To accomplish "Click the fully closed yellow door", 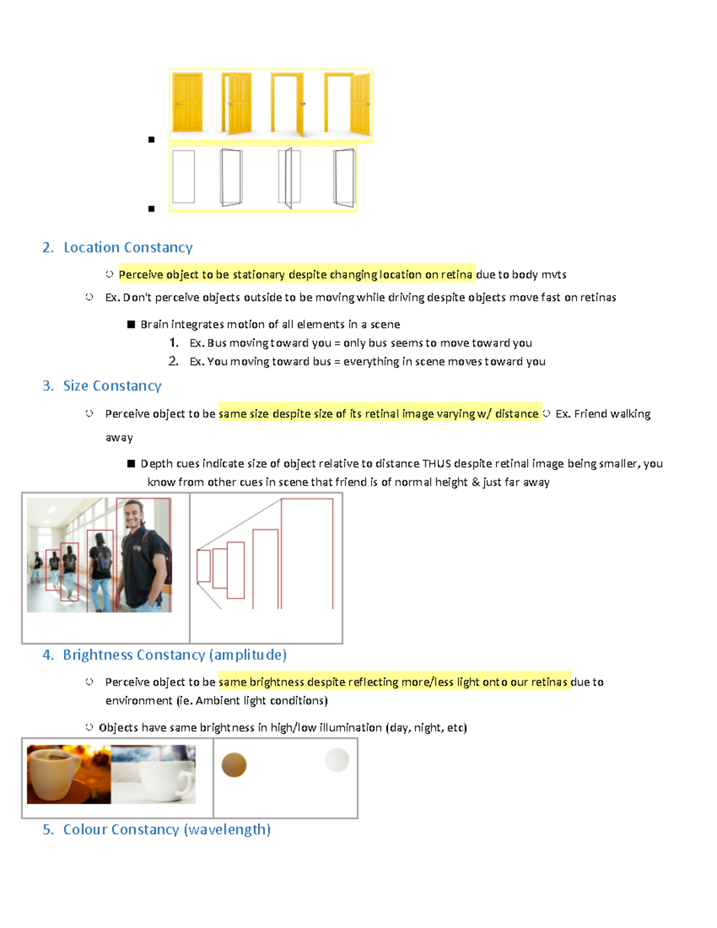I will point(187,102).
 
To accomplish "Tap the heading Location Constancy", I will point(128,247).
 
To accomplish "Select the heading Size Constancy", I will point(112,386).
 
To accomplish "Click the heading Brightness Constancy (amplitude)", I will point(174,655).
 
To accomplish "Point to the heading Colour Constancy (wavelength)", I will point(167,829).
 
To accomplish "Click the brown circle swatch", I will point(234,765).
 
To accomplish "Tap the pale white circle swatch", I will point(337,760).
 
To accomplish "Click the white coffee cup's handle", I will point(187,777).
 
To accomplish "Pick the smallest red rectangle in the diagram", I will point(204,566).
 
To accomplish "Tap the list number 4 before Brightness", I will point(47,655).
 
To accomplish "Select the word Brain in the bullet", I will point(154,324).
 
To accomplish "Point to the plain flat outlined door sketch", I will point(183,177).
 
